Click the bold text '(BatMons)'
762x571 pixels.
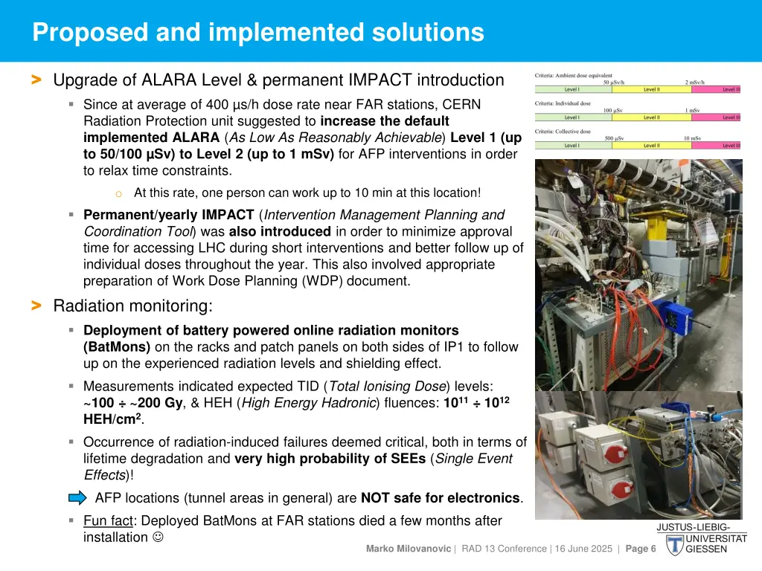point(117,346)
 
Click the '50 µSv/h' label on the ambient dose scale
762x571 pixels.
point(614,83)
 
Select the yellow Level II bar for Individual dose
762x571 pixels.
point(650,117)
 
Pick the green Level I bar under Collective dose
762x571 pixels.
point(571,145)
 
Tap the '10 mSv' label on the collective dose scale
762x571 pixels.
point(691,138)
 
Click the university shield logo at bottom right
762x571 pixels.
point(674,545)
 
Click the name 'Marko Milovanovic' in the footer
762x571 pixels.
point(408,549)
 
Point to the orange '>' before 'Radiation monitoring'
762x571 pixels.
point(36,306)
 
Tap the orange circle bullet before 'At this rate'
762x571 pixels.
point(118,194)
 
